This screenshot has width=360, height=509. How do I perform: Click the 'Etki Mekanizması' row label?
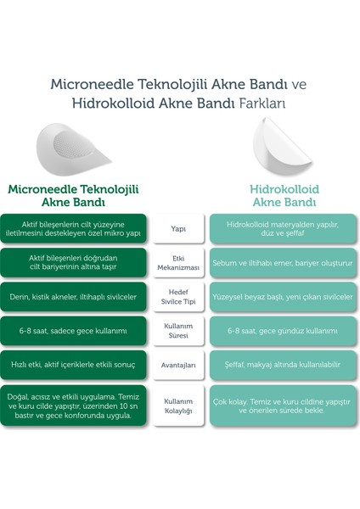click(x=179, y=263)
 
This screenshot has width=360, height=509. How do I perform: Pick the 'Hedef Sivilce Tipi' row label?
click(x=179, y=297)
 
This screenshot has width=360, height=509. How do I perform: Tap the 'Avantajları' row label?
click(x=179, y=365)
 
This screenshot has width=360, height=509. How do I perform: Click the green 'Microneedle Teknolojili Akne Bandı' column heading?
click(x=73, y=196)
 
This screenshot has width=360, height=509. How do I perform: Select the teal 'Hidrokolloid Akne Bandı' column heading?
click(x=284, y=196)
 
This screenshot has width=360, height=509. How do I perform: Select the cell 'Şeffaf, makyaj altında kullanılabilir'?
click(x=284, y=365)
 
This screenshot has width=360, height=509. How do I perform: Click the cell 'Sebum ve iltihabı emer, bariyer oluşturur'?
click(x=284, y=263)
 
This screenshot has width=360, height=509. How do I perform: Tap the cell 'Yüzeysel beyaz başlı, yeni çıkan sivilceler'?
click(x=284, y=297)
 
